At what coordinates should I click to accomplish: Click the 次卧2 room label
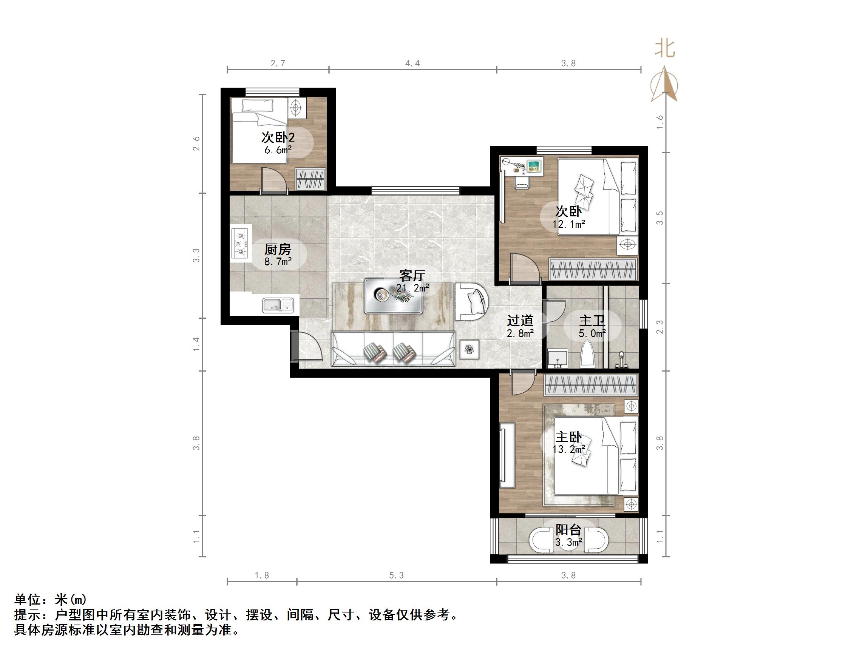pyautogui.click(x=278, y=138)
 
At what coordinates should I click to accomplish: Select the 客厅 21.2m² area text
pyautogui.click(x=412, y=288)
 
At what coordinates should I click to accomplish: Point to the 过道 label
pyautogui.click(x=520, y=321)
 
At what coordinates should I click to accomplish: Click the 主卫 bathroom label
pyautogui.click(x=592, y=321)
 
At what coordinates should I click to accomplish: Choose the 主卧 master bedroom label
pyautogui.click(x=568, y=437)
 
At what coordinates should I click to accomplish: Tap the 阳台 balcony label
pyautogui.click(x=568, y=530)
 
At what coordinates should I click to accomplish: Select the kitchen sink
pyautogui.click(x=277, y=305)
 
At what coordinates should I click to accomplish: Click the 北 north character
pyautogui.click(x=665, y=49)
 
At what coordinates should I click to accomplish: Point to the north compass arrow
pyautogui.click(x=664, y=84)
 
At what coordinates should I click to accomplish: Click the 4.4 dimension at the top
pyautogui.click(x=412, y=63)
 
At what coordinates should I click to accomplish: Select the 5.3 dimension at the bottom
pyautogui.click(x=396, y=575)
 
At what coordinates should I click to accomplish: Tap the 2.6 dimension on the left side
pyautogui.click(x=196, y=143)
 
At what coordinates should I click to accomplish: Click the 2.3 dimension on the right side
pyautogui.click(x=660, y=327)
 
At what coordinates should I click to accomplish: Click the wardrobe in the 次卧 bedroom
pyautogui.click(x=593, y=270)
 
